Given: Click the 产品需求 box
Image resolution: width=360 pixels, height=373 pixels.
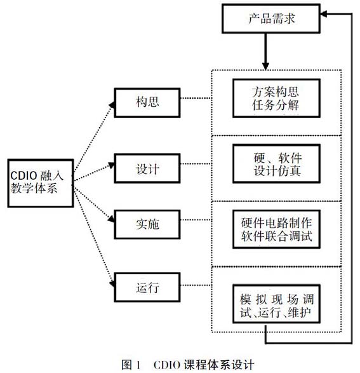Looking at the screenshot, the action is (x=271, y=18).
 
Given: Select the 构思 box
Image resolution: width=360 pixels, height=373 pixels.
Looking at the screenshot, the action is (x=147, y=102).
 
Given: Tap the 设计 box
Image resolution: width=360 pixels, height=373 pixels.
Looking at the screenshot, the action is (x=147, y=168).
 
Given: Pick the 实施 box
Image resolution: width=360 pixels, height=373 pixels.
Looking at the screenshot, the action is (x=147, y=224).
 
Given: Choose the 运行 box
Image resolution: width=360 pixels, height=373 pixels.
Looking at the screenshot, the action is (x=147, y=287).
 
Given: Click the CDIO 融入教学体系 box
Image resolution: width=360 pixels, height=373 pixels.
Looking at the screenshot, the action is (x=41, y=183).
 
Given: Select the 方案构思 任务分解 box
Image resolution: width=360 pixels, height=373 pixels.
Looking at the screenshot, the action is (x=276, y=98).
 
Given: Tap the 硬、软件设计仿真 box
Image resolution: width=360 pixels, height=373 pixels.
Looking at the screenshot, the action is (x=276, y=163).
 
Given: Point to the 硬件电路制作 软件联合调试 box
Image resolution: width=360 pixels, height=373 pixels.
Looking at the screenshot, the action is (x=276, y=229).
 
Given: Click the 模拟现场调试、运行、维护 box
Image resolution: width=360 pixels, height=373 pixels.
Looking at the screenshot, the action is (x=276, y=304).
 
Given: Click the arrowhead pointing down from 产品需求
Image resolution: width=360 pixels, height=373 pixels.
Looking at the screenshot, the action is (x=265, y=66).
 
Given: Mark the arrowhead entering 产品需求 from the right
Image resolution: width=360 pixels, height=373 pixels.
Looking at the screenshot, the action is (x=324, y=14).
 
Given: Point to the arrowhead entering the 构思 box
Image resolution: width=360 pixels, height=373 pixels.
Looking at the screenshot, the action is (x=112, y=105).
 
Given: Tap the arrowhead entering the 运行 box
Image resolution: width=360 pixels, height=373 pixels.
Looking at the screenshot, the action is (x=112, y=283).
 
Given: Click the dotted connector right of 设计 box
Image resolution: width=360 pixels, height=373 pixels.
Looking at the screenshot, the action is (x=196, y=164).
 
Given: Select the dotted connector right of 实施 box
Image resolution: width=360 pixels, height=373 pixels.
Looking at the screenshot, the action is (x=196, y=220).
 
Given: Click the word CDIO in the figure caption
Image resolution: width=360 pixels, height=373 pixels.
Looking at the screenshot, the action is (x=166, y=365).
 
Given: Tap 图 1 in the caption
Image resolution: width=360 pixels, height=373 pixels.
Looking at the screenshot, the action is (x=131, y=365).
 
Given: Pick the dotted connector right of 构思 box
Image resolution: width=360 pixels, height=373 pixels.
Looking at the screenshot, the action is (x=196, y=98).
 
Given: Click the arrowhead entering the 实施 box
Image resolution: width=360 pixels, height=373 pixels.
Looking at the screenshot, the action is (x=112, y=219).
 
